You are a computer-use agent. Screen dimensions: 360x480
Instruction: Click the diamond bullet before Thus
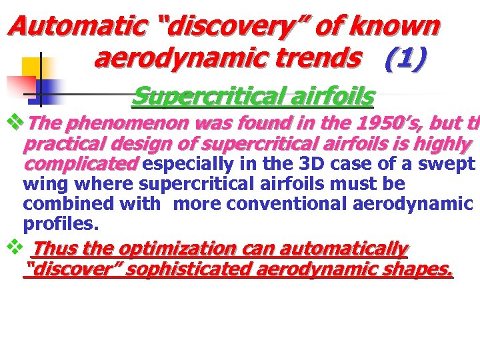point(12,247)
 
